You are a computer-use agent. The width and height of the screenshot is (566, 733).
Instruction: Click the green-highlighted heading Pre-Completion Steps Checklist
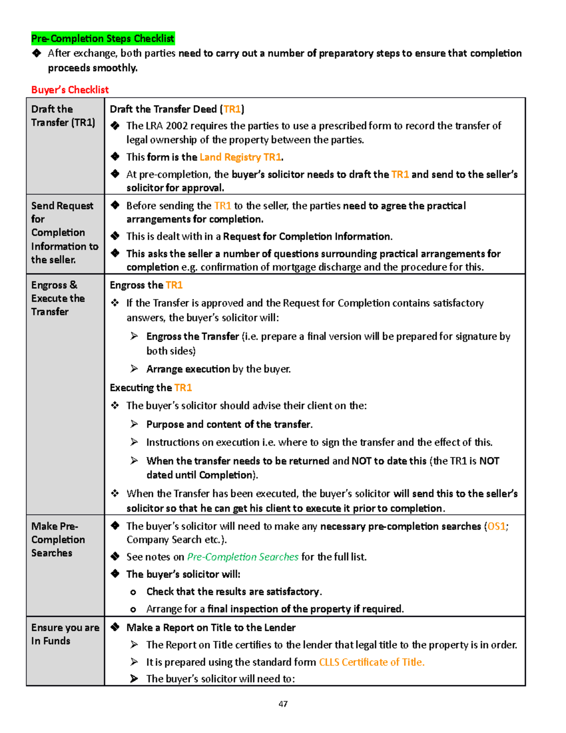pyautogui.click(x=103, y=38)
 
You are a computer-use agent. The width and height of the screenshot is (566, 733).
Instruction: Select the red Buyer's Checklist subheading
pyautogui.click(x=70, y=90)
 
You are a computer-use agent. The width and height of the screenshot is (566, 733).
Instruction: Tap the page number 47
pyautogui.click(x=283, y=704)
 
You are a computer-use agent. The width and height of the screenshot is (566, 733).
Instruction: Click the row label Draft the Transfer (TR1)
pyautogui.click(x=63, y=116)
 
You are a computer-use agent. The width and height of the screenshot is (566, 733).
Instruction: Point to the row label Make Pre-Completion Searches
pyautogui.click(x=58, y=539)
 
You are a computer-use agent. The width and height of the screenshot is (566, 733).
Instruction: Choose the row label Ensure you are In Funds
pyautogui.click(x=65, y=634)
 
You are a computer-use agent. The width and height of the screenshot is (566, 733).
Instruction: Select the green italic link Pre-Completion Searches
pyautogui.click(x=242, y=557)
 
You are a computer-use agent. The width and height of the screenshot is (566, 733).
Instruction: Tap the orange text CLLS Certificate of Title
pyautogui.click(x=372, y=662)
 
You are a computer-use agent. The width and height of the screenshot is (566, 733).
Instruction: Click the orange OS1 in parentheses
pyautogui.click(x=496, y=526)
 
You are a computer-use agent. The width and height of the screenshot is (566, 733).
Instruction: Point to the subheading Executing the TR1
pyautogui.click(x=150, y=388)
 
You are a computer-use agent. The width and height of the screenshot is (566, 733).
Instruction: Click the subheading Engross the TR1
pyautogui.click(x=146, y=285)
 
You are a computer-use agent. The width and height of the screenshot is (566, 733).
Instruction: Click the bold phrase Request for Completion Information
pyautogui.click(x=307, y=236)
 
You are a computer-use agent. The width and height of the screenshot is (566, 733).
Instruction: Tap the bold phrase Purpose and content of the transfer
pyautogui.click(x=229, y=424)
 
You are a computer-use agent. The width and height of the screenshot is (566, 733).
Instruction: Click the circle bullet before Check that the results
pyautogui.click(x=133, y=592)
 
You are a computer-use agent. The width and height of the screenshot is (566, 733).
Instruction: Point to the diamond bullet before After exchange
pyautogui.click(x=37, y=53)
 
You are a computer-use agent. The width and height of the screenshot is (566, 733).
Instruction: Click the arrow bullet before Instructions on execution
pyautogui.click(x=134, y=442)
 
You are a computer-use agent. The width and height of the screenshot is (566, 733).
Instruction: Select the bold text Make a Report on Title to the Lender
pyautogui.click(x=211, y=628)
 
